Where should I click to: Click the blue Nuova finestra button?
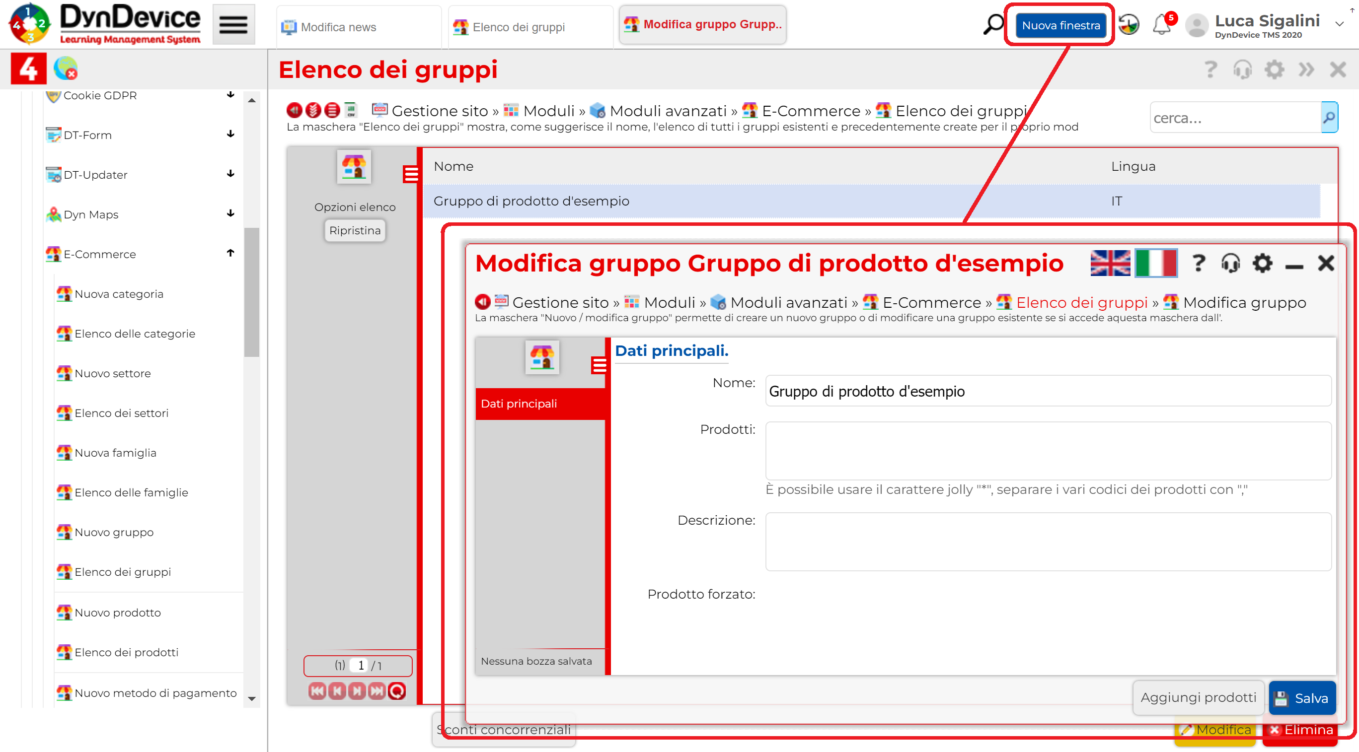(1060, 25)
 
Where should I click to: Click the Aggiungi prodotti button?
(1198, 697)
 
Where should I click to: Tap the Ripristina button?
(355, 230)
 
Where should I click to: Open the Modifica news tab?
(338, 27)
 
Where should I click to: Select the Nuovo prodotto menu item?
(118, 612)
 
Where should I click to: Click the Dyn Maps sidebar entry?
(91, 214)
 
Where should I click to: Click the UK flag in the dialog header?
(1111, 263)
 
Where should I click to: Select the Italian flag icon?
(1156, 263)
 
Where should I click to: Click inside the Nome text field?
(1048, 391)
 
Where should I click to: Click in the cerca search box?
(1234, 118)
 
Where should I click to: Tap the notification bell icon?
(1162, 25)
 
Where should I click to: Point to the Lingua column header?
(1132, 167)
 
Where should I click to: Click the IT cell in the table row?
(1116, 201)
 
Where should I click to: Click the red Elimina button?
(1301, 730)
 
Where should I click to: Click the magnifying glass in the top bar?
(994, 25)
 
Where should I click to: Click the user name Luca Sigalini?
(1267, 20)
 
